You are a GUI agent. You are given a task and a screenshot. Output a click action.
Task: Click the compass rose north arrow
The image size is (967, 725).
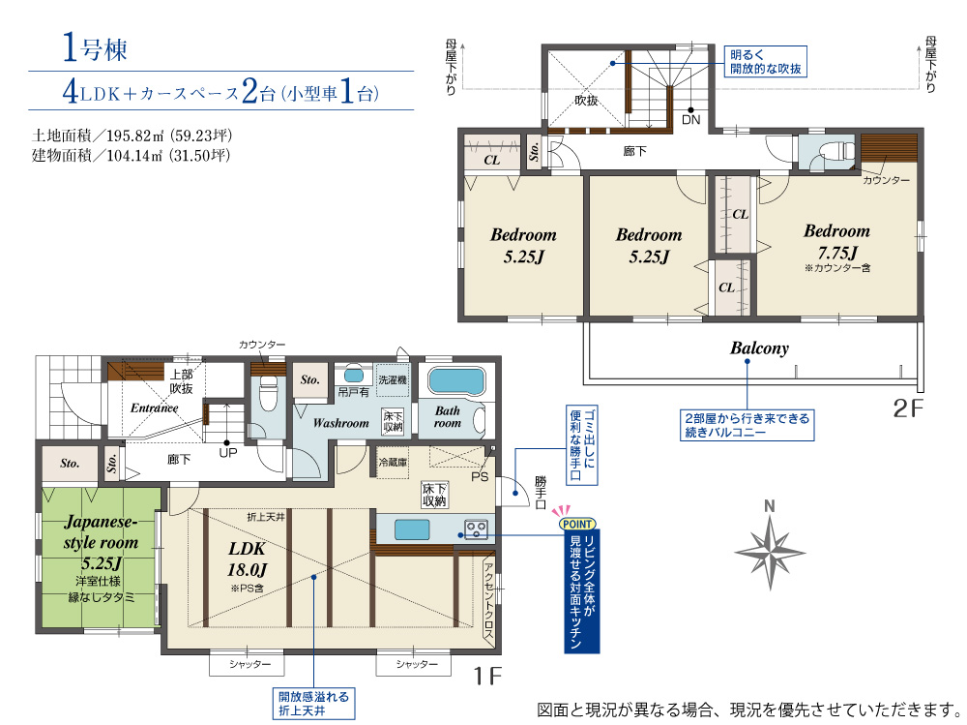click(x=770, y=552)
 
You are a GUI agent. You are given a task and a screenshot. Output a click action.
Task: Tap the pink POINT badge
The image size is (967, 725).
click(x=577, y=524)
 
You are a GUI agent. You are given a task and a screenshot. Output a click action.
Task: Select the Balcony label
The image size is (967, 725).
click(x=759, y=348)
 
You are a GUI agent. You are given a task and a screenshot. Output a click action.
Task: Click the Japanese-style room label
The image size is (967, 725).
click(x=101, y=531)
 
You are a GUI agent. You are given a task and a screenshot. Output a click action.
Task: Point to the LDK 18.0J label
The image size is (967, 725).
click(x=247, y=559)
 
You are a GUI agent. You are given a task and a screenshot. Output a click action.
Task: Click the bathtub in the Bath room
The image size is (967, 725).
click(x=455, y=380)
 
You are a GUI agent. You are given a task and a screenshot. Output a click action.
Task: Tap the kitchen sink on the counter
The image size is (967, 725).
click(x=412, y=529)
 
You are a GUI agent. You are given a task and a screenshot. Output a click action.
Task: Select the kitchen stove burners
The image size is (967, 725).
click(x=476, y=529)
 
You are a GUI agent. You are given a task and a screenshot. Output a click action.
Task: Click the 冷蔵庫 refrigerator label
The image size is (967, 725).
click(x=393, y=462)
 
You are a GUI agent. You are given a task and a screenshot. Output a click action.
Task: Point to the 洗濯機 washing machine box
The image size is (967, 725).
click(x=393, y=379)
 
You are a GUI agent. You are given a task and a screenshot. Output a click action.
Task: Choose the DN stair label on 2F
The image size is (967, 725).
click(x=691, y=120)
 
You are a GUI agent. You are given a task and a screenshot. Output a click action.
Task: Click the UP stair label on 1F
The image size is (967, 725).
click(x=228, y=453)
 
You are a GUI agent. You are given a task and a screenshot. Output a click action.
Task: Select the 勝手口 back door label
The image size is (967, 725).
click(x=541, y=492)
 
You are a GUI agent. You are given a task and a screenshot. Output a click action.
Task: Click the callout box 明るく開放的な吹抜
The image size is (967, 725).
click(x=765, y=62)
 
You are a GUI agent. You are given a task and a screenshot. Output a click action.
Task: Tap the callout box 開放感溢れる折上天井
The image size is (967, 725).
click(x=313, y=704)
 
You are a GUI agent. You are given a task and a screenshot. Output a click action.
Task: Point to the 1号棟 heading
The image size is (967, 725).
click(x=95, y=48)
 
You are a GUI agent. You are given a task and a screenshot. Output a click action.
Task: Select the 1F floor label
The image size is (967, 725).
click(x=487, y=676)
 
